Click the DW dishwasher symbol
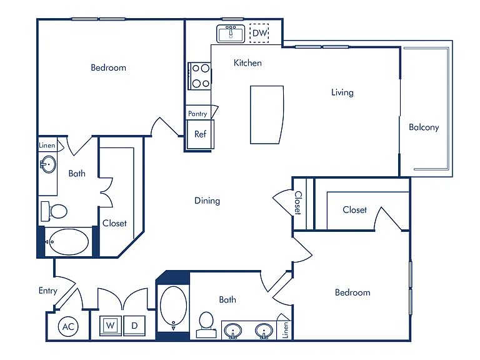259,33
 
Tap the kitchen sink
231,33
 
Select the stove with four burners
199,76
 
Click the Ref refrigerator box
200,134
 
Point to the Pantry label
197,114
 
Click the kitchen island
267,115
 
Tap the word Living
342,92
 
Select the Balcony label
424,127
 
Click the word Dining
207,201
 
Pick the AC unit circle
68,327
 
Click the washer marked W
111,326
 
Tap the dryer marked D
134,326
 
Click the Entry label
48,291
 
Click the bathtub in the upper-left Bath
69,242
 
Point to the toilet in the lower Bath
206,324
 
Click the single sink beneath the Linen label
48,164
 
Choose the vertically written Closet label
298,203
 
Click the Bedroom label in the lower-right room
352,292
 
